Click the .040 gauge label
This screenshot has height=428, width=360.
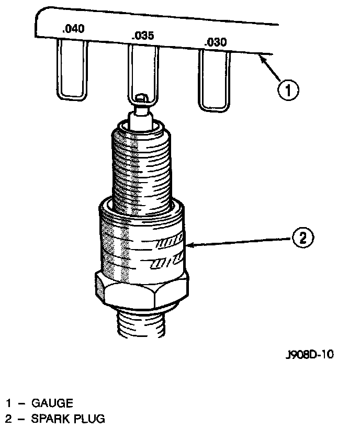point(73,29)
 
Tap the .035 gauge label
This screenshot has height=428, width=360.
point(142,36)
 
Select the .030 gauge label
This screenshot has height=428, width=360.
point(215,42)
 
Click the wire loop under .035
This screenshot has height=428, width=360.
point(143,73)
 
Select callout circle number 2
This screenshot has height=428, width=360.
point(302,238)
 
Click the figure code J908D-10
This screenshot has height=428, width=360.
point(309,354)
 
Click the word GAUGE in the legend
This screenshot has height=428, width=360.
point(52,403)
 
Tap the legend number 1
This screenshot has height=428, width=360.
point(9,403)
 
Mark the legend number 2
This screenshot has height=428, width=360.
point(9,419)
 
